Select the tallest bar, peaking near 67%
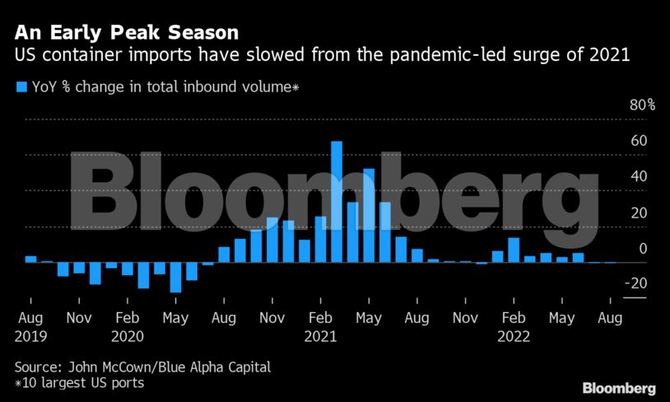337,201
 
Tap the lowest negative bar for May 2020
175,277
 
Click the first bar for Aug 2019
30,259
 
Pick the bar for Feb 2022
514,250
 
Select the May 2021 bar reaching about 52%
369,215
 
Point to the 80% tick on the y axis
642,105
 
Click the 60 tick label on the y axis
639,141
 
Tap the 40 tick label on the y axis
639,177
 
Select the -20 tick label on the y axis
636,284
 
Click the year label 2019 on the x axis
30,336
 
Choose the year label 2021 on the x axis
321,336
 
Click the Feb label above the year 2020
127,318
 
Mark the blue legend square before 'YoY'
21,85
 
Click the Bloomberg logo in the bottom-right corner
619,387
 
